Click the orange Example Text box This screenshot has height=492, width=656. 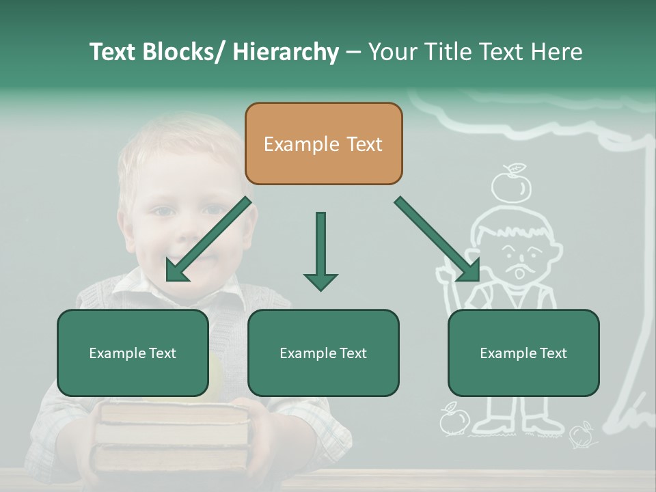click(x=323, y=143)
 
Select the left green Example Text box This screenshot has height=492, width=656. click(x=133, y=353)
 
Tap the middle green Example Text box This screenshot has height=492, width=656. click(x=323, y=353)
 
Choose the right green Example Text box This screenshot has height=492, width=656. click(x=523, y=353)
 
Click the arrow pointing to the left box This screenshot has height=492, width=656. click(x=208, y=240)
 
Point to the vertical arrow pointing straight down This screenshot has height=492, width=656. click(x=320, y=250)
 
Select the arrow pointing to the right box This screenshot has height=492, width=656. click(x=437, y=239)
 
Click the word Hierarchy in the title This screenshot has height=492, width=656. click(x=285, y=52)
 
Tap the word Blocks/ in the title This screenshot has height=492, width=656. click(x=183, y=52)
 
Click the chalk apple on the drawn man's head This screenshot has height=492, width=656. click(x=512, y=184)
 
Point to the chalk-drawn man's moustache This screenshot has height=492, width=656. click(x=520, y=264)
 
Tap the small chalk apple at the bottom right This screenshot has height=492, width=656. click(x=581, y=433)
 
